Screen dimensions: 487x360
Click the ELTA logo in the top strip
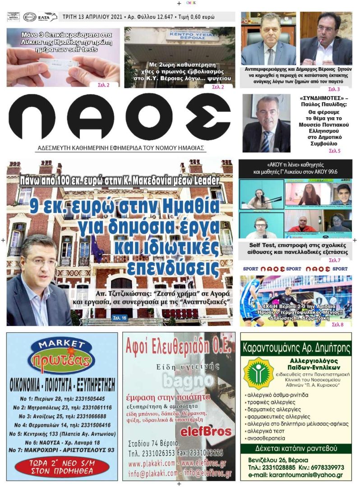(47, 17)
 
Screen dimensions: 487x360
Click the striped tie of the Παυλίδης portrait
(265, 139)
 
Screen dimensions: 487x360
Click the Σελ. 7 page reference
(334, 260)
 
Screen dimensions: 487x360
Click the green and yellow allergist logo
(258, 373)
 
